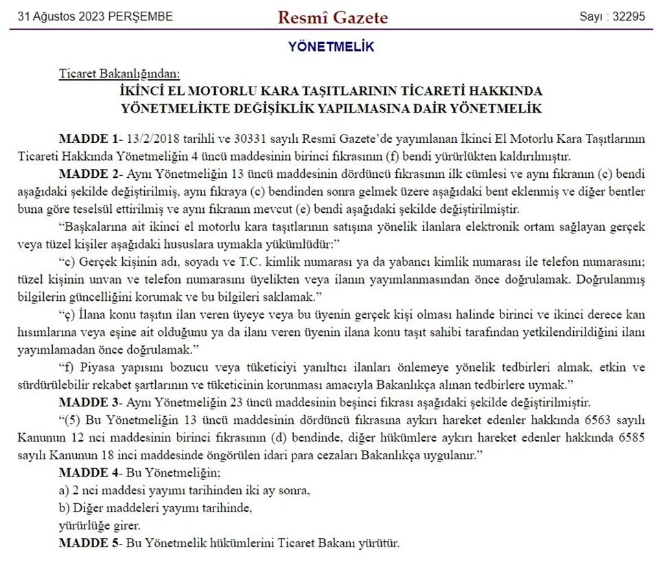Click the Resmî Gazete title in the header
tap(332, 17)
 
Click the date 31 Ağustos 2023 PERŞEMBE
tap(95, 16)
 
